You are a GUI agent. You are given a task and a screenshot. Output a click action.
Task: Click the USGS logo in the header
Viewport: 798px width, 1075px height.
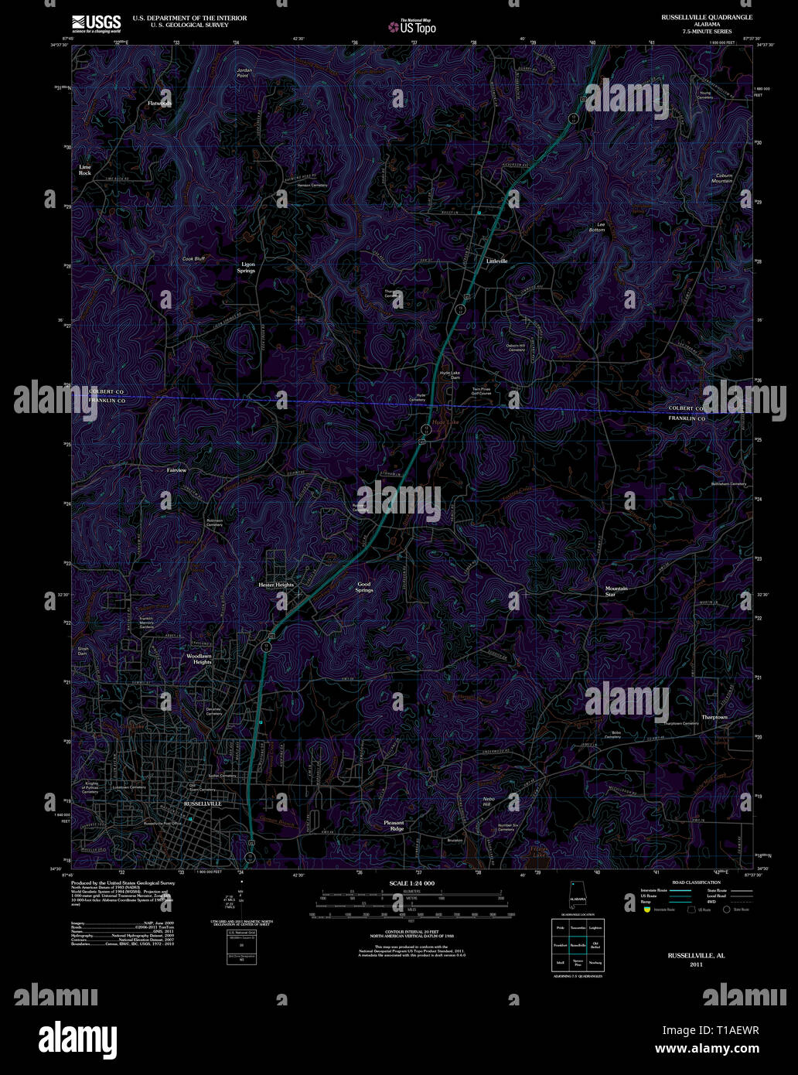[96, 22]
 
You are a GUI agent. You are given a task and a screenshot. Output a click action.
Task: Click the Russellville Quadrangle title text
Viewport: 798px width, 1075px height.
[706, 16]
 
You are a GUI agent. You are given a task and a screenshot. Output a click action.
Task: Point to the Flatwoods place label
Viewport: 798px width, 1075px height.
[160, 103]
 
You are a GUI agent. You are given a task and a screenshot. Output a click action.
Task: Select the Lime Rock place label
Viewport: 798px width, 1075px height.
[85, 170]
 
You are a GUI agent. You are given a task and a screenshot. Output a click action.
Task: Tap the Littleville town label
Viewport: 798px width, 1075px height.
[496, 261]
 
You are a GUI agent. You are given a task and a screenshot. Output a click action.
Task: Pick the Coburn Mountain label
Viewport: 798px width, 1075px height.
[723, 178]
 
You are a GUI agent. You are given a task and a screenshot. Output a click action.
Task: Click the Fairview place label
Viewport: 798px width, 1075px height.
[176, 470]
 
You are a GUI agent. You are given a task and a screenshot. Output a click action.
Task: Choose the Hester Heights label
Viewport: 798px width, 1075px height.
[276, 585]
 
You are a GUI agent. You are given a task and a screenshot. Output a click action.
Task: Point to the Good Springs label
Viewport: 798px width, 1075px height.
[364, 587]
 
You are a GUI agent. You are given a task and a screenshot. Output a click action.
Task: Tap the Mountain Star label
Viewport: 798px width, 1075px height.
[616, 591]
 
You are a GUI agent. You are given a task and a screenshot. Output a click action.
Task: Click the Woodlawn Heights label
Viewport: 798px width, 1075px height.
[199, 659]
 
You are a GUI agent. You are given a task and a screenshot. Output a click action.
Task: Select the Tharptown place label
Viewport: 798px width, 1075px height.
[714, 717]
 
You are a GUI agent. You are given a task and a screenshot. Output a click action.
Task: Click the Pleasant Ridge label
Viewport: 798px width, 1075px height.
[394, 826]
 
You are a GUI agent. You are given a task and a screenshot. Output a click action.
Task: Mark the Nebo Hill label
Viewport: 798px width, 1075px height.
[487, 801]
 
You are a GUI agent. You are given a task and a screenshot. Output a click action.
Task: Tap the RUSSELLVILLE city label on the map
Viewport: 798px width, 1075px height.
[203, 804]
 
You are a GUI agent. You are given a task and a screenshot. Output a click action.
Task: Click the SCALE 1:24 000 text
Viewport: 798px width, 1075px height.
[412, 883]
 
